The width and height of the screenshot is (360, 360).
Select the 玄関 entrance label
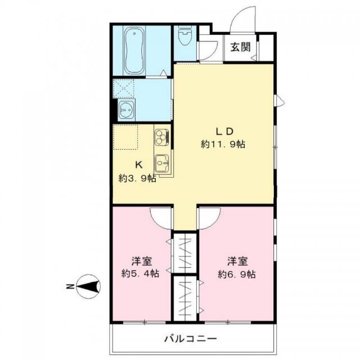240,47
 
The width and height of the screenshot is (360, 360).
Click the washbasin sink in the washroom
126,110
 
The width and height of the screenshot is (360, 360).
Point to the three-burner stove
162,137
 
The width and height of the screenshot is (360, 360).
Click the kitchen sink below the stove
162,164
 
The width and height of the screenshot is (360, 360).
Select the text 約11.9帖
223,145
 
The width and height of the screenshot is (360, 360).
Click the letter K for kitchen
138,165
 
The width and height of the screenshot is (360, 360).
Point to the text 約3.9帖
137,178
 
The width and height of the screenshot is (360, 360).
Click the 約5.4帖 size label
140,273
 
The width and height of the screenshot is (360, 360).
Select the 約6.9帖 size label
236,274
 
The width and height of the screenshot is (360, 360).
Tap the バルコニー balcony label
191,339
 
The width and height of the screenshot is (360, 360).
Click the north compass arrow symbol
88,286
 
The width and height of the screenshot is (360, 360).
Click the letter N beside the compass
69,286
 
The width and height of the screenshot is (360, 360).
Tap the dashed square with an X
124,88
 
